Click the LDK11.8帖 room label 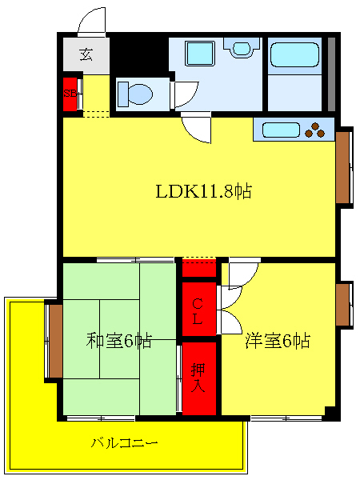click(204, 191)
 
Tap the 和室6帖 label click(119, 340)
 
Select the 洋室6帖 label click(278, 340)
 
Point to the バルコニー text click(124, 442)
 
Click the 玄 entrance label click(86, 55)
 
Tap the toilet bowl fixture click(134, 94)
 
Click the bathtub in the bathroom click(294, 55)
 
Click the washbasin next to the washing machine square click(239, 48)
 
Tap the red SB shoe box click(71, 92)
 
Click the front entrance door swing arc click(91, 21)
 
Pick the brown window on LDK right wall click(344, 167)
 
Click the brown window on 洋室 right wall click(344, 304)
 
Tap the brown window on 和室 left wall click(54, 340)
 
